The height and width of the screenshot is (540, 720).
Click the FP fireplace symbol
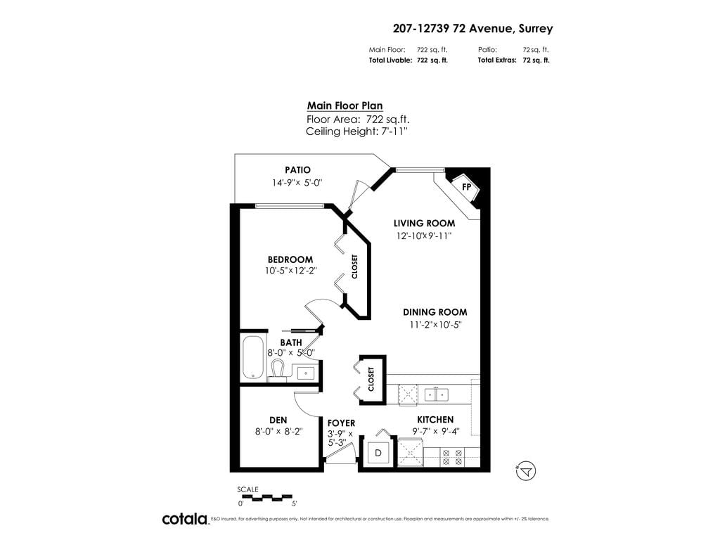[x=466, y=187]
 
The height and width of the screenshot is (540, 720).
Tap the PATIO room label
[x=297, y=170]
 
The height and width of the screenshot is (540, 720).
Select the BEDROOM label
[x=290, y=259]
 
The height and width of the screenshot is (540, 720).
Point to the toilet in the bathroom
[x=277, y=369]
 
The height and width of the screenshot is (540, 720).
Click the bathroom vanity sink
[x=305, y=372]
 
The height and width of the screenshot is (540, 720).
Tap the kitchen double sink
[x=437, y=394]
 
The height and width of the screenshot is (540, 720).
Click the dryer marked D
[x=378, y=453]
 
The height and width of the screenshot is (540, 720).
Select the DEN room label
[x=278, y=420]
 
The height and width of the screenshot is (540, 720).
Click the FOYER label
[x=341, y=423]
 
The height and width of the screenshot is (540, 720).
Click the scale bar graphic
[x=266, y=498]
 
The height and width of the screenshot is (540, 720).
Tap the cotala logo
[x=185, y=519]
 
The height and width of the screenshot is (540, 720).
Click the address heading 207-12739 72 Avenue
[x=472, y=29]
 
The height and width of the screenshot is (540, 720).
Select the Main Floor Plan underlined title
[x=345, y=105]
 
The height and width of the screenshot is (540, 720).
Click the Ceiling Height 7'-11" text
[x=356, y=131]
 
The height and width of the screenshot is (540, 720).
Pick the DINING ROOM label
[x=435, y=312]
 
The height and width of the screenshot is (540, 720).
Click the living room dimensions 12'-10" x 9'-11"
[x=423, y=236]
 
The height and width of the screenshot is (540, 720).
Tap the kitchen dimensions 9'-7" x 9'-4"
[x=433, y=432]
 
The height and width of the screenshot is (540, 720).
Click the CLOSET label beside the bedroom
[x=354, y=266]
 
